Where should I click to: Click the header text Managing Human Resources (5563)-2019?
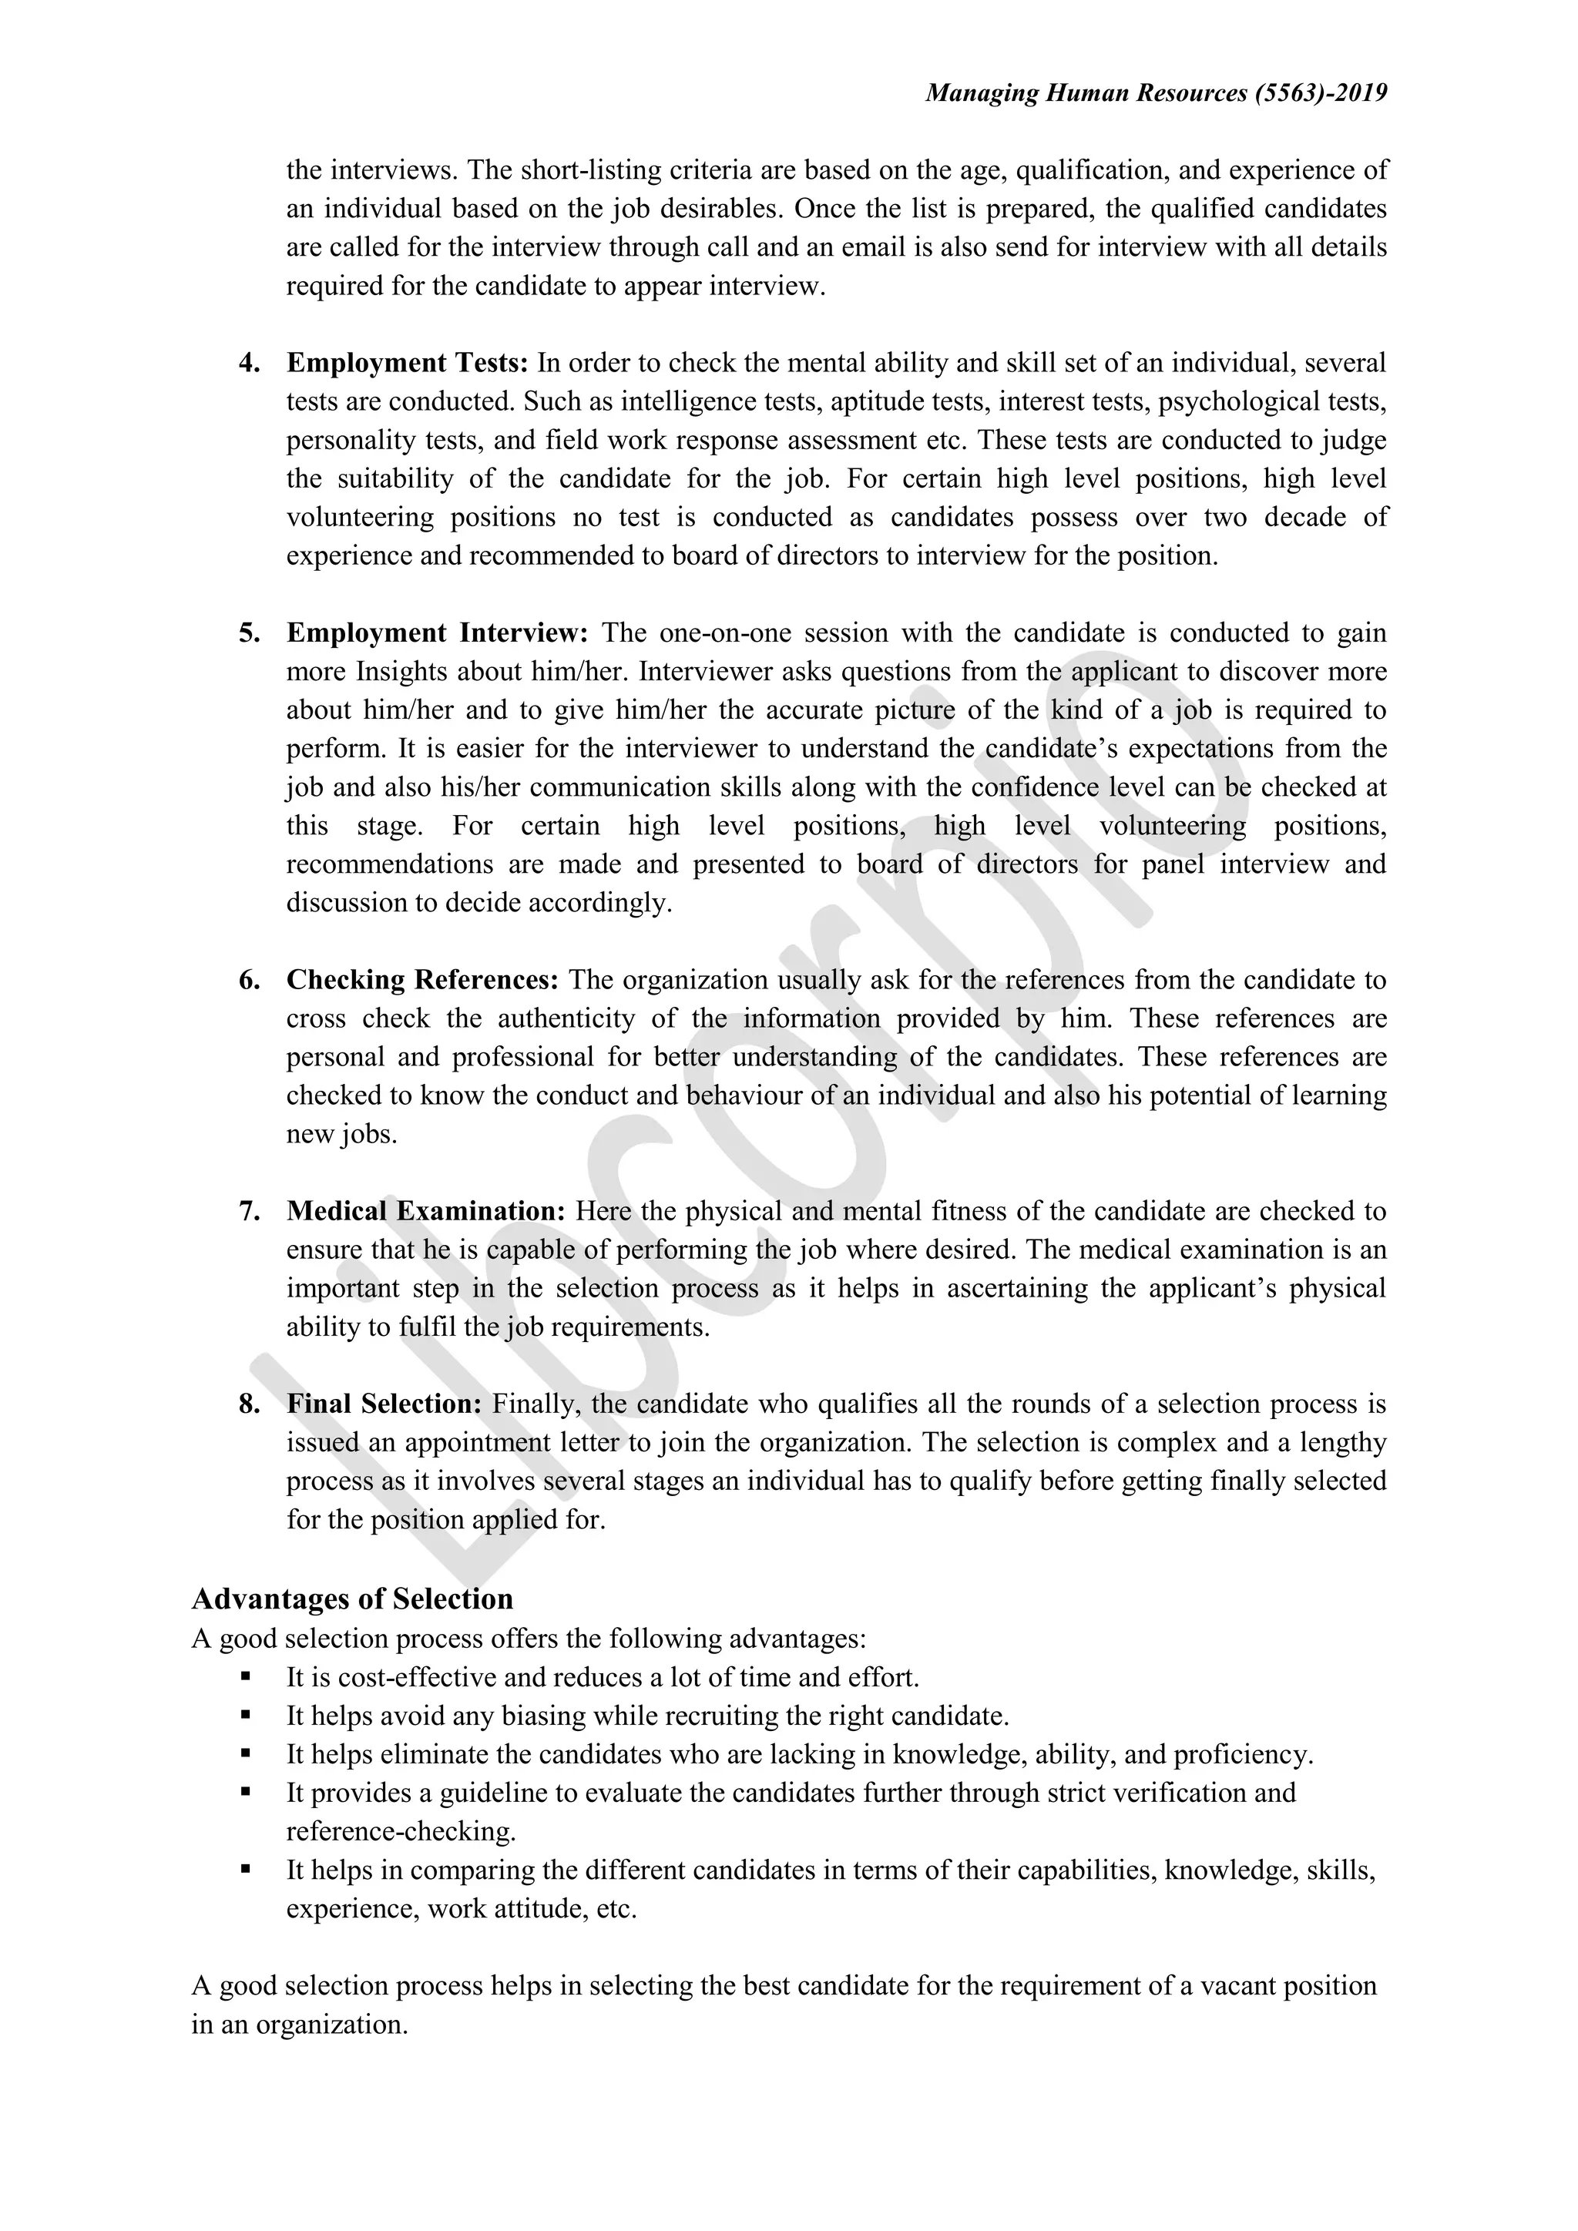[1155, 93]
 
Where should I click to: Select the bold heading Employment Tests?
[407, 364]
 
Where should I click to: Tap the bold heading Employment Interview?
[437, 633]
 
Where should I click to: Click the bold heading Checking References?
[421, 981]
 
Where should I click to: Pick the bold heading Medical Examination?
[425, 1212]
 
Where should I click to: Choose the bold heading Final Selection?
[384, 1404]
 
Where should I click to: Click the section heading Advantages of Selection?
[353, 1599]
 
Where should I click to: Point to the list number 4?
[250, 364]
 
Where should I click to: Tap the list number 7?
[250, 1212]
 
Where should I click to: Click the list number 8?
[250, 1404]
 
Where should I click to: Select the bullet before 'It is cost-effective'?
[245, 1676]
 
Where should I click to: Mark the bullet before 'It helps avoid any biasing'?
[245, 1715]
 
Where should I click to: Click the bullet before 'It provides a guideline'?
[245, 1792]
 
